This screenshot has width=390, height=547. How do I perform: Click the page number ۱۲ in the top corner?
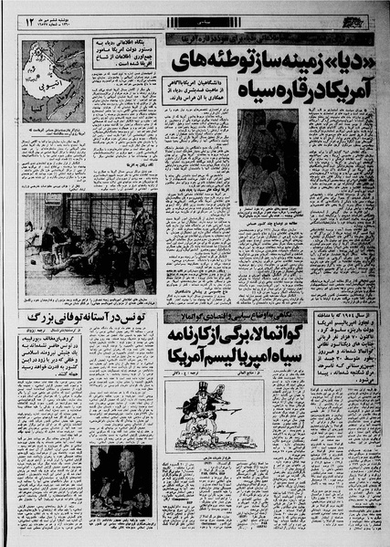click(30, 18)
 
